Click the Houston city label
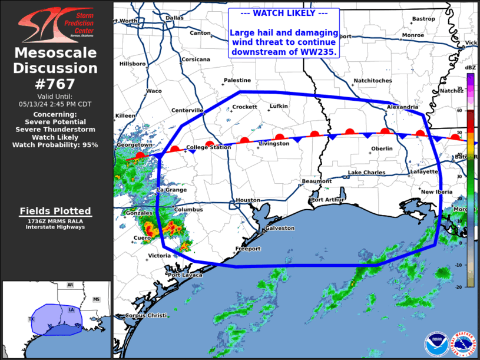(x=247, y=200)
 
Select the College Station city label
(x=208, y=147)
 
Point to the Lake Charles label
(x=366, y=173)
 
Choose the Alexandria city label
(x=403, y=107)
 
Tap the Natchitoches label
(x=372, y=81)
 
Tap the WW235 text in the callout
(x=323, y=52)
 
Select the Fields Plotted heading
(x=55, y=211)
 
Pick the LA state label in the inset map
(x=71, y=309)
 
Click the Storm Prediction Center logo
(x=55, y=24)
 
